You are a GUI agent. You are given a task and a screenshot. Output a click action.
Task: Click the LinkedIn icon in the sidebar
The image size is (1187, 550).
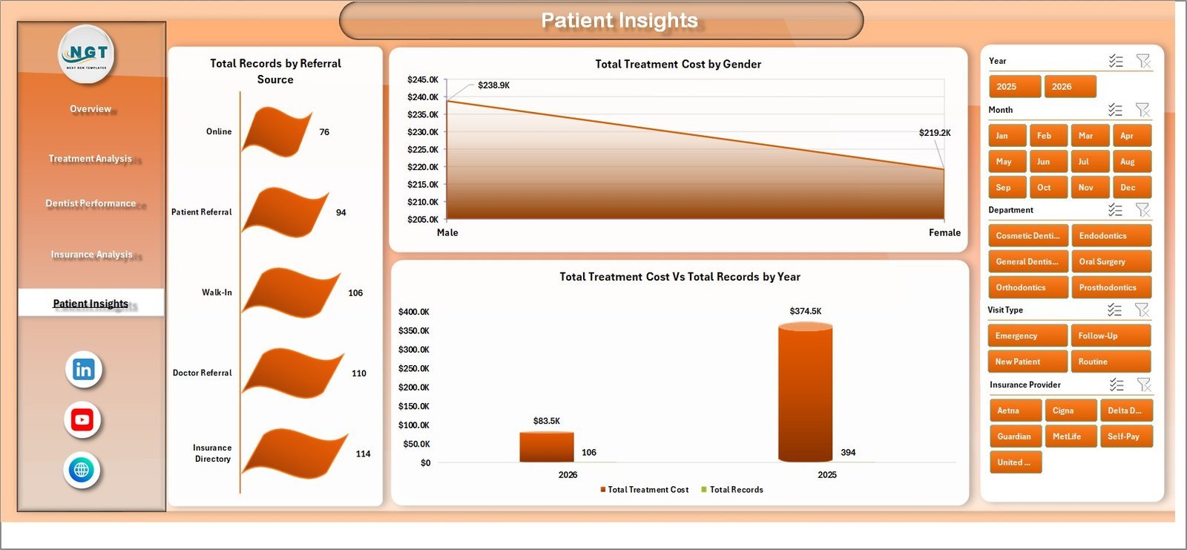[83, 370]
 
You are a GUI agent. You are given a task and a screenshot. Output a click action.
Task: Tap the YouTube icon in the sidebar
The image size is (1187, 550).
[82, 419]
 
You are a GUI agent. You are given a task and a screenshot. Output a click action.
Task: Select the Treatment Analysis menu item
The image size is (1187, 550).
[90, 158]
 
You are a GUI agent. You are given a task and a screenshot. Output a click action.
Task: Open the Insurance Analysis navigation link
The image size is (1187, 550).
[91, 255]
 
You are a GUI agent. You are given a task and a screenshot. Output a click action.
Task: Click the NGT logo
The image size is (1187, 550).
[87, 53]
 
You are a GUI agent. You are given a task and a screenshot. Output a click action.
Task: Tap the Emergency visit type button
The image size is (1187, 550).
[1027, 335]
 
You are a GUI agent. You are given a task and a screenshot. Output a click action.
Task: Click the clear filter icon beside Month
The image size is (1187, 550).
[1142, 110]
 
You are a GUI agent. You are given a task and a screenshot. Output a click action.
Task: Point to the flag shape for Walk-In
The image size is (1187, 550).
[290, 292]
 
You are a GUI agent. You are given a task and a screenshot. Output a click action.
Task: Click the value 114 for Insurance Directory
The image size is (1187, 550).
[363, 454]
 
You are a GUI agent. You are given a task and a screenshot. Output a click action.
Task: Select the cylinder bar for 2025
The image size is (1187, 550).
[805, 393]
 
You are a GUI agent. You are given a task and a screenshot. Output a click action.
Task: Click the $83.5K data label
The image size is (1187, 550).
[547, 421]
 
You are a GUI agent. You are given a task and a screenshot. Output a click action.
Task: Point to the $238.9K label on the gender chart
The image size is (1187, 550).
[493, 85]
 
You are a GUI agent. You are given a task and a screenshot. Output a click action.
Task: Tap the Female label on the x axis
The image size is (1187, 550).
[944, 232]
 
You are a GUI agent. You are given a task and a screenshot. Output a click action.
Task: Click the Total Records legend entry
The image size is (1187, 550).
[735, 490]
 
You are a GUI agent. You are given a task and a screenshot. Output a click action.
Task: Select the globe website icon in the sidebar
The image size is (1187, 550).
[82, 470]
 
